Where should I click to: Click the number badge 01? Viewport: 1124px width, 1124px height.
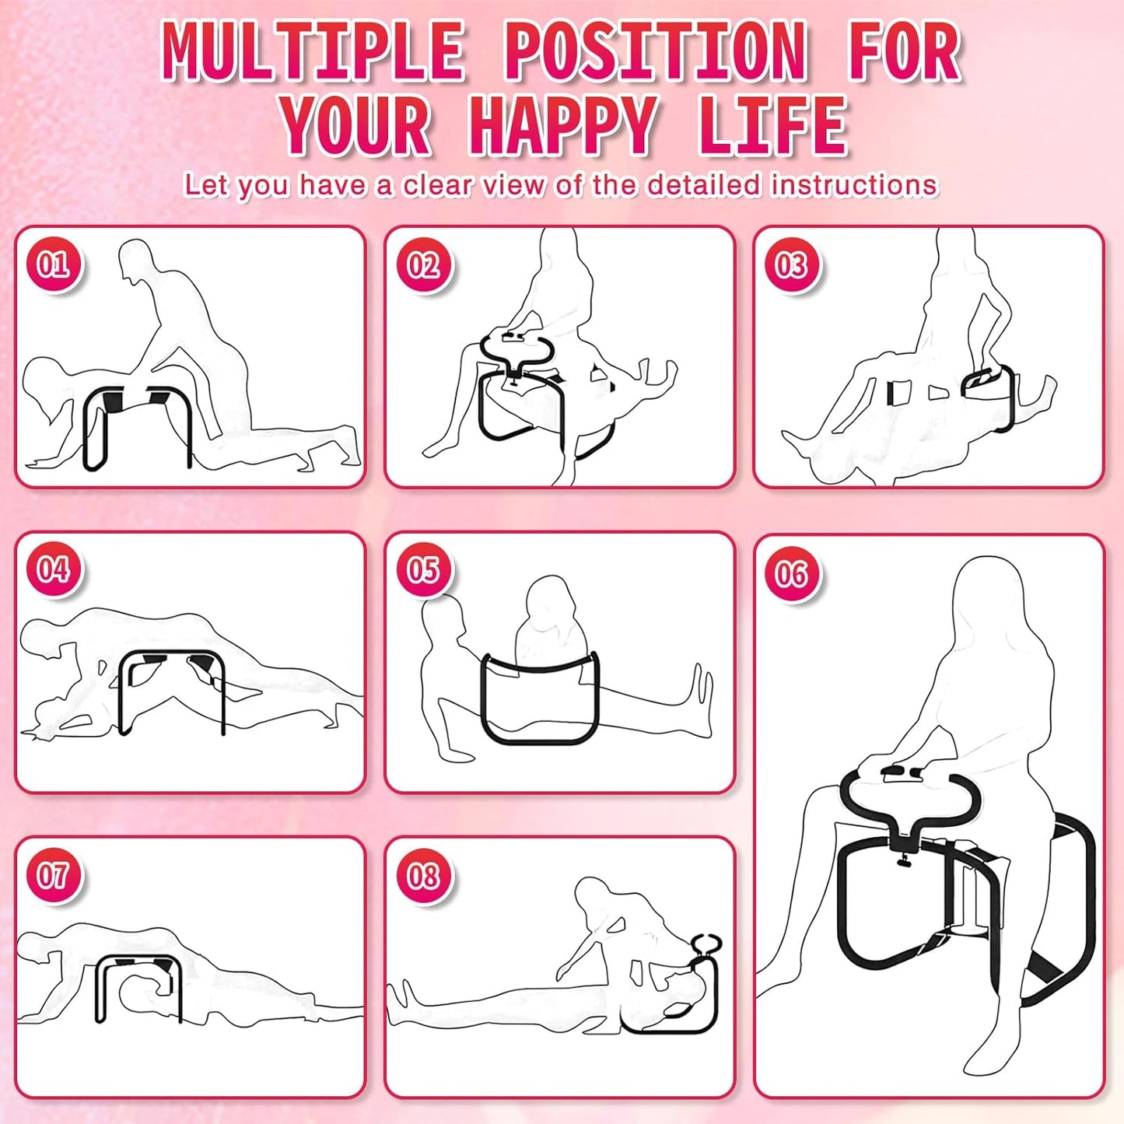pos(53,264)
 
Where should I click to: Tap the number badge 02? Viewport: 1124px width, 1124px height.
pos(423,264)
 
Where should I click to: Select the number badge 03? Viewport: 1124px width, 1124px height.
pos(791,264)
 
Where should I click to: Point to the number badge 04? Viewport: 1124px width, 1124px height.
pos(53,569)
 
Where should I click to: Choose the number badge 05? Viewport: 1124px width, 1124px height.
pos(423,569)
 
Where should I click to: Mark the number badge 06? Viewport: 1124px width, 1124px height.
pos(791,574)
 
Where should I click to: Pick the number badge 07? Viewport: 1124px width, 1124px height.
pos(53,875)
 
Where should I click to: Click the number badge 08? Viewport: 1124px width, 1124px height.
pos(423,875)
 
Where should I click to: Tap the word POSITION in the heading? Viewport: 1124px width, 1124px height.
pos(656,52)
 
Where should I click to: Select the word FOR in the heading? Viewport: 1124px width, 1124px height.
pos(905,52)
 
